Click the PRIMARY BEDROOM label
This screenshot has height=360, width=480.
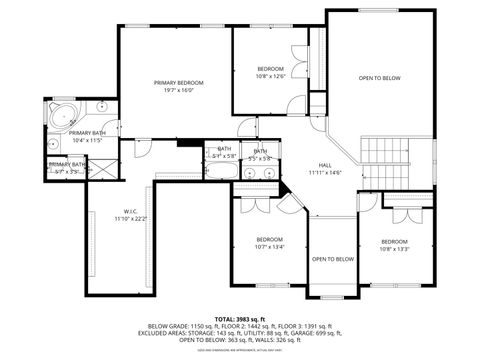tap(178, 82)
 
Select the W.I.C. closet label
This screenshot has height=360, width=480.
tap(130, 210)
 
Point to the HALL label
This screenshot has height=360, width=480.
tap(325, 165)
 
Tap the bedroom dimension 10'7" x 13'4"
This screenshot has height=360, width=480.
tap(270, 247)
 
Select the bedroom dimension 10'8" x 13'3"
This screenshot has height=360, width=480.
tap(394, 248)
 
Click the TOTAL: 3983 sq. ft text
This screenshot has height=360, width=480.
tap(240, 318)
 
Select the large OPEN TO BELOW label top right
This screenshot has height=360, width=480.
tap(380, 78)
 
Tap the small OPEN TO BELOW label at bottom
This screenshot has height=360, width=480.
tap(333, 259)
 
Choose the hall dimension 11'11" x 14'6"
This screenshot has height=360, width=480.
tap(325, 173)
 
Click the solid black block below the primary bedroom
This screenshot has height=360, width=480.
tap(187, 142)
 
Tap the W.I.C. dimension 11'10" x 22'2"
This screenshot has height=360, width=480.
tap(130, 218)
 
